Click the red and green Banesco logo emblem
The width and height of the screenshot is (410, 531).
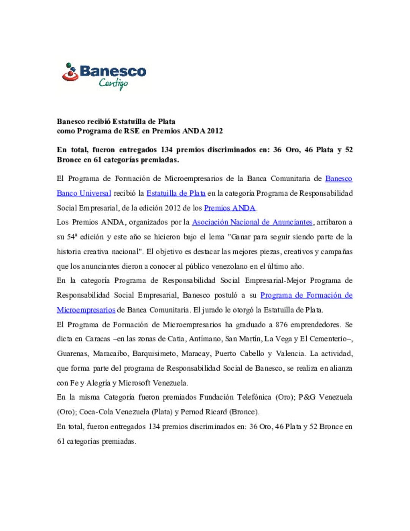pyautogui.click(x=70, y=72)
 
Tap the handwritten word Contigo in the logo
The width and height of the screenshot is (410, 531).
pyautogui.click(x=113, y=83)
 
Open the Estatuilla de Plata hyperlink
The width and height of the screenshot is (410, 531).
pyautogui.click(x=176, y=193)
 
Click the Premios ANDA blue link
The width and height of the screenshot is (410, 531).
pyautogui.click(x=229, y=208)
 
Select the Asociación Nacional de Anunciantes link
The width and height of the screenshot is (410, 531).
pyautogui.click(x=252, y=222)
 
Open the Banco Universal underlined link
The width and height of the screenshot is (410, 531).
pyautogui.click(x=84, y=193)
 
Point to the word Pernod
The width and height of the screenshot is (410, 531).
pyautogui.click(x=192, y=412)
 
